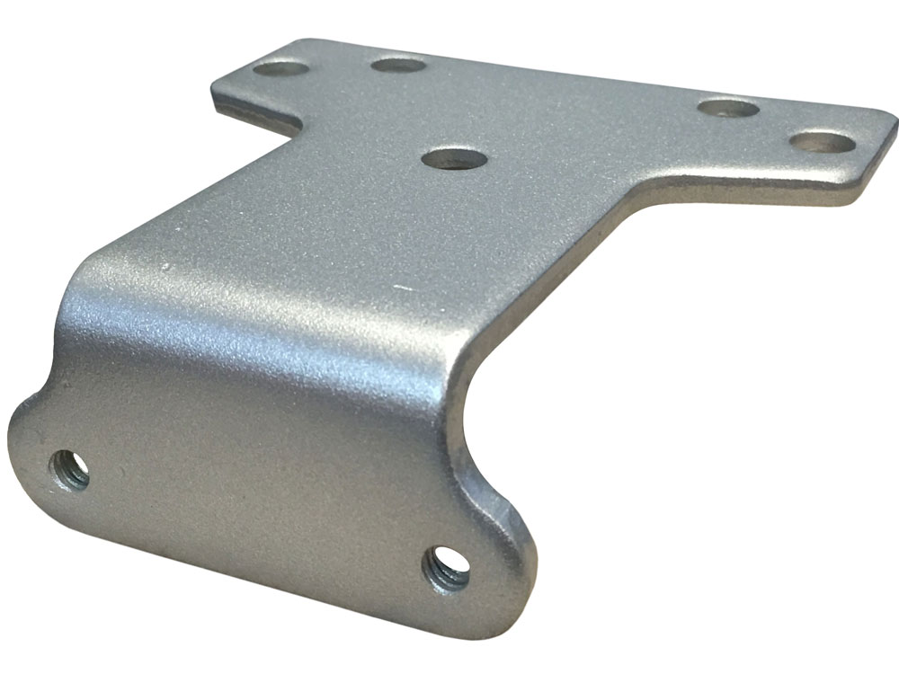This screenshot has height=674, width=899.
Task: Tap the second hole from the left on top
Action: pyautogui.click(x=398, y=65)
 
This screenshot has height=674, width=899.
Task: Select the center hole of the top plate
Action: pyautogui.click(x=455, y=159)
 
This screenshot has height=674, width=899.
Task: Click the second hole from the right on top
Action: pyautogui.click(x=728, y=109)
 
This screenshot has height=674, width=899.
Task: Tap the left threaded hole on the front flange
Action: pyautogui.click(x=70, y=469)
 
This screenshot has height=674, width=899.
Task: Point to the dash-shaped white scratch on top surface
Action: pyautogui.click(x=403, y=288)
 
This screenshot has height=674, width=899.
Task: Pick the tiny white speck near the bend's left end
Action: pyautogui.click(x=167, y=267)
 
